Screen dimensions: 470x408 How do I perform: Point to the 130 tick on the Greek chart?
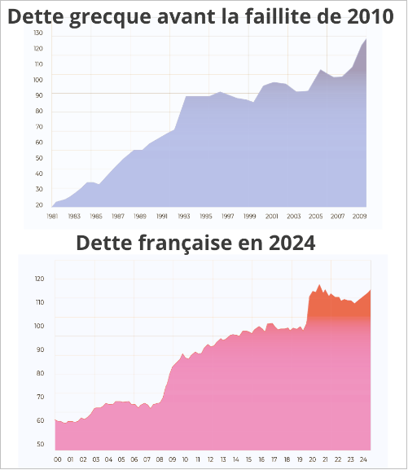coord(38,33)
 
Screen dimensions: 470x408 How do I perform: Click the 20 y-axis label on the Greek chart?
coord(38,204)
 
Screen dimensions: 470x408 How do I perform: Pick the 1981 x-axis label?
coord(52,217)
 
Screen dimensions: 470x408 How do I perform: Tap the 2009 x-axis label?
coord(359,217)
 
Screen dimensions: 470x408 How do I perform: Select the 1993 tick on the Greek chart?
coord(184,217)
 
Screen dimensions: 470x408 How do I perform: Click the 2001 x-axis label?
coord(272,217)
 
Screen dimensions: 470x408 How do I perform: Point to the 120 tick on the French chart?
coord(39,279)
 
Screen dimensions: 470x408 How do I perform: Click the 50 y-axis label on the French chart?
coord(39,445)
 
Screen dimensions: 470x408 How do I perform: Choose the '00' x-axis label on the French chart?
coord(57,459)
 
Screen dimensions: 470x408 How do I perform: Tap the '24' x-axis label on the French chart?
coord(364,459)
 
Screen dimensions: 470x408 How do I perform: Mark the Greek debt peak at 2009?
coord(366,39)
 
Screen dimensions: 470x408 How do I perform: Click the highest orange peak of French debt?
coord(319,285)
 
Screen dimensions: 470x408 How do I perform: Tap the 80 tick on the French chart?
coord(39,373)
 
